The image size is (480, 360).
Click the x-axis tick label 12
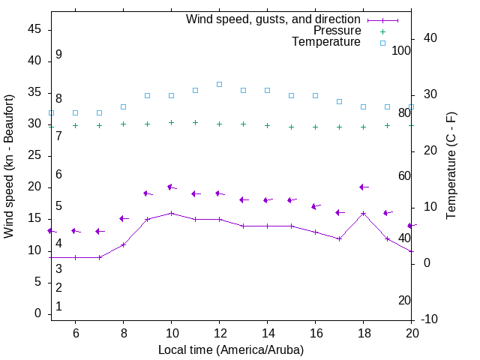pyautogui.click(x=219, y=333)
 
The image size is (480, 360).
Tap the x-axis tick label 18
pyautogui.click(x=363, y=333)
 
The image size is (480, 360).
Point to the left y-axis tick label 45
pyautogui.click(x=34, y=29)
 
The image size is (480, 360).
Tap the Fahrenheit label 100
pyautogui.click(x=401, y=50)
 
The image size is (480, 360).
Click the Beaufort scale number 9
pyautogui.click(x=58, y=55)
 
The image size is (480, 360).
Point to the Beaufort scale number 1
pyautogui.click(x=58, y=307)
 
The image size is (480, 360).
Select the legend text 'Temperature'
pyautogui.click(x=326, y=42)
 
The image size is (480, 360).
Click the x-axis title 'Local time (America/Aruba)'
pyautogui.click(x=231, y=349)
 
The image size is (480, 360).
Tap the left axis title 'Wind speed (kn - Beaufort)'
pyautogui.click(x=9, y=166)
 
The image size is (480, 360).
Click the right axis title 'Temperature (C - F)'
pyautogui.click(x=451, y=166)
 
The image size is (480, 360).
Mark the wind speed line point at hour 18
pyautogui.click(x=363, y=213)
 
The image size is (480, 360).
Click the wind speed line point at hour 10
pyautogui.click(x=171, y=213)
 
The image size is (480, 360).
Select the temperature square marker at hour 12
pyautogui.click(x=219, y=84)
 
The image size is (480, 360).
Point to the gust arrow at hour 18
pyautogui.click(x=363, y=187)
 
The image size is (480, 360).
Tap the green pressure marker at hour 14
pyautogui.click(x=267, y=126)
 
